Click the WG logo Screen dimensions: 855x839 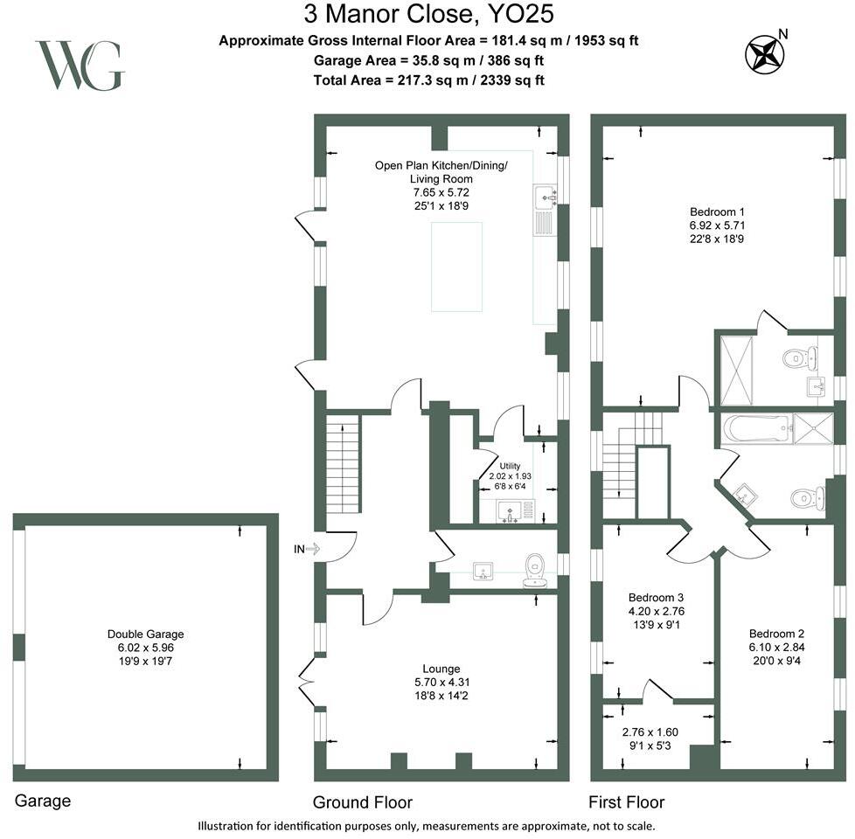tap(80, 66)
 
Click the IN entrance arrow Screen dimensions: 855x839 tap(312, 549)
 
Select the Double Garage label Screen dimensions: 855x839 tap(145, 634)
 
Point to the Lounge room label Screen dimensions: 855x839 tap(441, 669)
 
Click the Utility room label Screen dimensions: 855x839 tap(510, 466)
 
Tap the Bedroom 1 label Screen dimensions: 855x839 tap(717, 212)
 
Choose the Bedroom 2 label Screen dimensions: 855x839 tap(776, 634)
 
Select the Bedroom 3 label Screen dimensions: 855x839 tap(656, 598)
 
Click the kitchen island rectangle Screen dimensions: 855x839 tap(457, 267)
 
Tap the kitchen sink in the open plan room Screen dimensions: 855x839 tap(545, 197)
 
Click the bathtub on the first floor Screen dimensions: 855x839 tap(755, 430)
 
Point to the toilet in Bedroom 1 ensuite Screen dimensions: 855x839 tap(799, 358)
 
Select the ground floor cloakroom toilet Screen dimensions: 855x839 tap(535, 571)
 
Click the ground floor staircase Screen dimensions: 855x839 tap(343, 463)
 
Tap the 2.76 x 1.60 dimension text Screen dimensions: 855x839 tap(650, 732)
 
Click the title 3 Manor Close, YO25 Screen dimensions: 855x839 tap(428, 14)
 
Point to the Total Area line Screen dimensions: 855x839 tap(428, 80)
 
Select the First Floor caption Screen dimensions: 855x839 tap(627, 802)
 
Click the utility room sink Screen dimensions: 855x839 tap(510, 510)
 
